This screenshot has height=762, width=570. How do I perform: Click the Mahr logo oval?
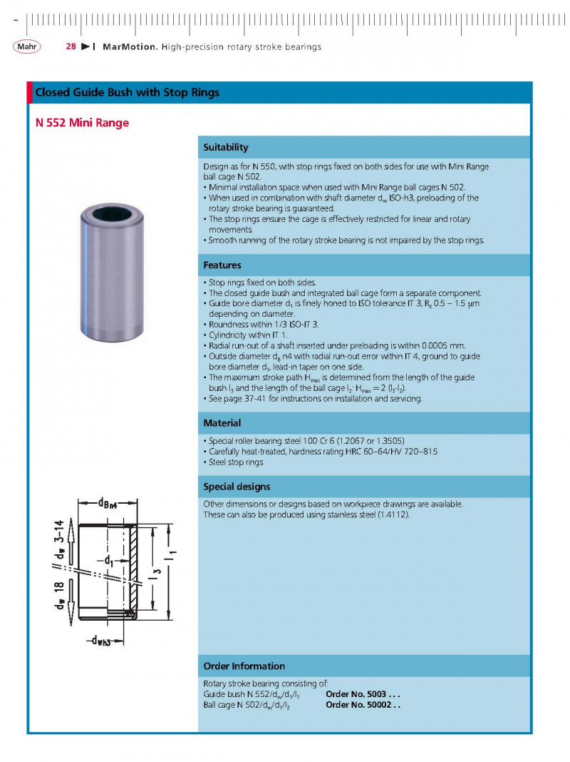(x=27, y=46)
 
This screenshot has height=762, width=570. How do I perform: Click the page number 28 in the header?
(x=71, y=47)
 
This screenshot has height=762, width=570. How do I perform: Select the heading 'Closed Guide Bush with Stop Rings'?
(x=128, y=93)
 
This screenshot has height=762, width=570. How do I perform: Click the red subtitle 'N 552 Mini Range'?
(x=82, y=123)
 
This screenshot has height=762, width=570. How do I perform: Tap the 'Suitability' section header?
(x=226, y=148)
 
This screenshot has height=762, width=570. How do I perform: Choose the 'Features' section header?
(x=222, y=265)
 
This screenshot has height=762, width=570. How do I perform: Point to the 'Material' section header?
(x=222, y=423)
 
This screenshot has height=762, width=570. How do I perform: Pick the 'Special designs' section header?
(x=237, y=487)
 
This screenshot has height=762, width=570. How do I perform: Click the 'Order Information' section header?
(x=244, y=666)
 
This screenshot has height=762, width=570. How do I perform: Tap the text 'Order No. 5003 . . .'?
(x=363, y=694)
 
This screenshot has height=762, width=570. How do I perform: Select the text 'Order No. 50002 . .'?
(x=363, y=705)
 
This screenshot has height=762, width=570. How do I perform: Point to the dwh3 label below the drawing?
(x=99, y=640)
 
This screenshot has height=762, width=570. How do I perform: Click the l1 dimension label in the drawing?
(x=172, y=554)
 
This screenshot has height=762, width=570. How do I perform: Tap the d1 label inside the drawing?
(x=110, y=561)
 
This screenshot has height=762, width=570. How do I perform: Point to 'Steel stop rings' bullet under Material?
(x=234, y=462)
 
